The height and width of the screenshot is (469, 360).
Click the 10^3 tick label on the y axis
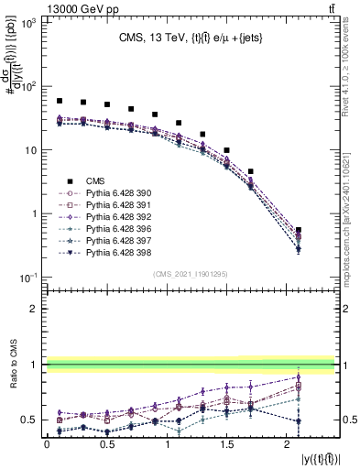28,23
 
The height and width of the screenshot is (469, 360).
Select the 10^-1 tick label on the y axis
27,277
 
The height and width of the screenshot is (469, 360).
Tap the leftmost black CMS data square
60,101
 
